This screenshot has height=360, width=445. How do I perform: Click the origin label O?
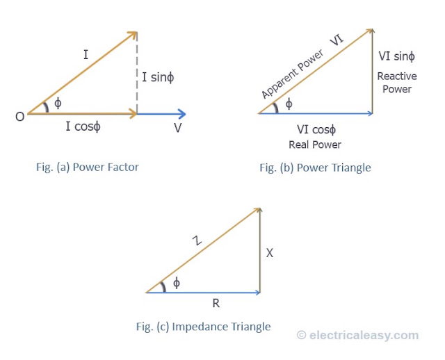(20, 117)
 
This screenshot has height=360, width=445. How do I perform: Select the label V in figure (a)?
(178, 128)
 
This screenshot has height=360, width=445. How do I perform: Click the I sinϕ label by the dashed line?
(158, 77)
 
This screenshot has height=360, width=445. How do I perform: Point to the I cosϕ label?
(83, 126)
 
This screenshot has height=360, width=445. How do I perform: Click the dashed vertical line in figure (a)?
(137, 72)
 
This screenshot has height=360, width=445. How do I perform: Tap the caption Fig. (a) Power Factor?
(88, 167)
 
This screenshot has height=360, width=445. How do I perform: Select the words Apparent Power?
(292, 74)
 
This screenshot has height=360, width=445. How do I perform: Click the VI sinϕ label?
(396, 56)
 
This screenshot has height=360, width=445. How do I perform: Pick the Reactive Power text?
(397, 83)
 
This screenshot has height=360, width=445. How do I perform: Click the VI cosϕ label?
(316, 130)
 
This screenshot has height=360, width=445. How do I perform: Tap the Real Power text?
(315, 145)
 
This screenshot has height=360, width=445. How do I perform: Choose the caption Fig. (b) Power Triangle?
(315, 167)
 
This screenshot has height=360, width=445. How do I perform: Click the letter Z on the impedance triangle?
(197, 240)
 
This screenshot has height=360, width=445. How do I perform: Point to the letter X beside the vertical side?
(270, 253)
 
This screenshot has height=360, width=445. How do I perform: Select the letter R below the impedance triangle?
(216, 304)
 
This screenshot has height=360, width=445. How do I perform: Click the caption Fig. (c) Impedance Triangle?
(203, 327)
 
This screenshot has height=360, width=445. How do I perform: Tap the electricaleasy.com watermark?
(357, 335)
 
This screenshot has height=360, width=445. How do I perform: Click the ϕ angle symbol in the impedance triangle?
(176, 283)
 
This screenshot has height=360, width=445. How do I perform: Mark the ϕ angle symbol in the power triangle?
(289, 104)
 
